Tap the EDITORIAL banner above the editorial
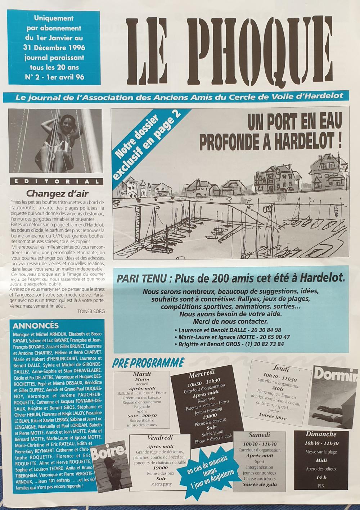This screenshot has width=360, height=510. coord(56,181)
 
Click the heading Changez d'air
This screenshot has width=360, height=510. coord(57,193)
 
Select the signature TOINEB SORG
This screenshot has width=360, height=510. coord(91,311)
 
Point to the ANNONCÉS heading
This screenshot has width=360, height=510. coord(36,326)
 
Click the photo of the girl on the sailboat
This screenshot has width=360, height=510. coord(55,141)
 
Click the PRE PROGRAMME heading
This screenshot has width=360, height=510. coord(149,363)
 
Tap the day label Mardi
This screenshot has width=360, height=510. coord(141,374)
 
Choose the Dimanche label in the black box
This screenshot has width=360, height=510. coord(321,434)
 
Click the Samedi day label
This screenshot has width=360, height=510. coord(259,435)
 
